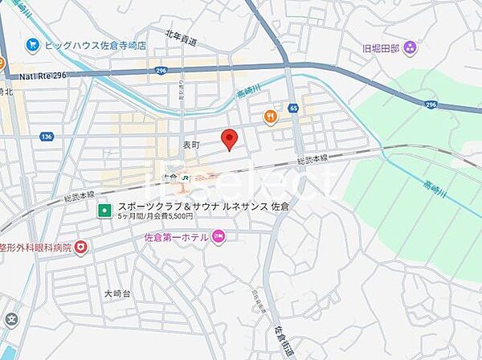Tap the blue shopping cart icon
point(33,45)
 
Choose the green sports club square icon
point(104,211)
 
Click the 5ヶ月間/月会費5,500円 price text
point(155,217)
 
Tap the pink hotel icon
point(220,237)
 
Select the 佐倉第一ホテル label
point(176,237)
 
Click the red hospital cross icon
point(81,247)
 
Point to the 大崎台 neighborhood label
point(116,294)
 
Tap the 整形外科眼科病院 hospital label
point(36,247)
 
